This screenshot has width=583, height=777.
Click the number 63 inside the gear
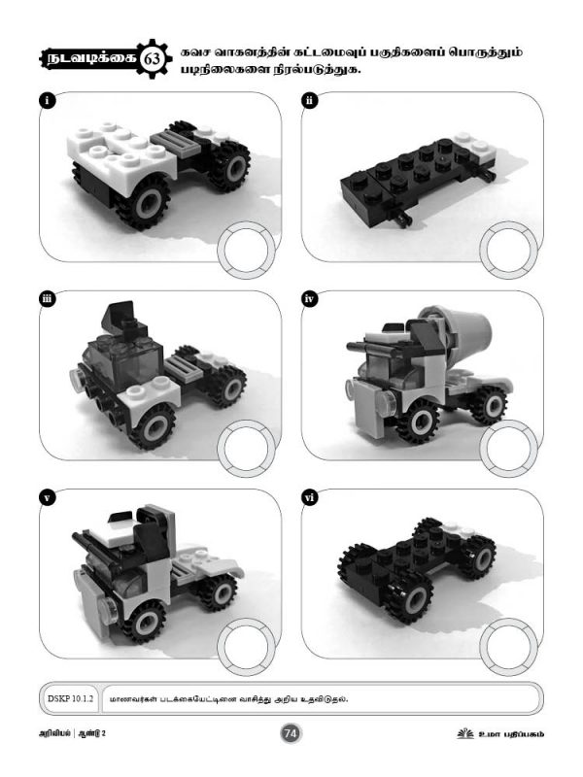153,59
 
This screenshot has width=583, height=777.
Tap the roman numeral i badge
47,101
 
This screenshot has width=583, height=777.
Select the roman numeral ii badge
309,101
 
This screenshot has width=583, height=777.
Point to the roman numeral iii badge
47,299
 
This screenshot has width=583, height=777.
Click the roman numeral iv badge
309,299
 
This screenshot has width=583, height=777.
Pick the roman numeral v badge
47,497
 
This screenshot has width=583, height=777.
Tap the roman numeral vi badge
309,497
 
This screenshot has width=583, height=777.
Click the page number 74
291,733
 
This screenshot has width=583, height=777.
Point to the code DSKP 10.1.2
70,698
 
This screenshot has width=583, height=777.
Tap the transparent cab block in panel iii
125,359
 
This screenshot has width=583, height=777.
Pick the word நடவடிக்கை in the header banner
90,59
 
